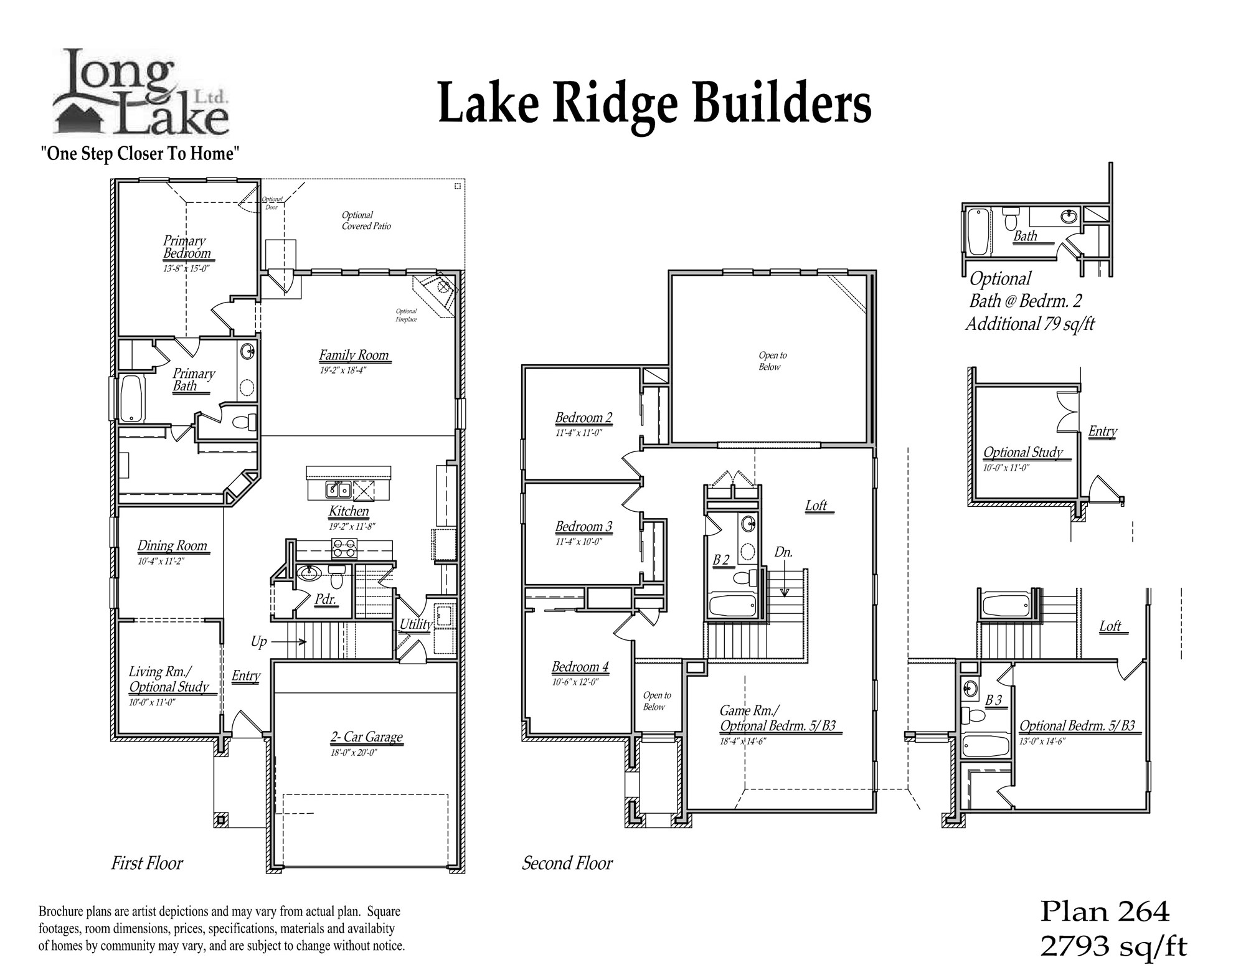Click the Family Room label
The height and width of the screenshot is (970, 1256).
(x=354, y=356)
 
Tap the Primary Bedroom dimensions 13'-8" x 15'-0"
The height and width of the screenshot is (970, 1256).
(x=186, y=269)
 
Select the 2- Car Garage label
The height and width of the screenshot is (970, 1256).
(x=366, y=737)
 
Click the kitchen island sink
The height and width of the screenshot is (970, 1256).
(x=338, y=491)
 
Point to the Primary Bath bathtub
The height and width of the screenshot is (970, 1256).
(x=131, y=398)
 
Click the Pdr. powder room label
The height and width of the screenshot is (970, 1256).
(x=326, y=600)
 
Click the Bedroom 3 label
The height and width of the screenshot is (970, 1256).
(x=583, y=527)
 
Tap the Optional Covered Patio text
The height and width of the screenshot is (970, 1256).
(x=366, y=220)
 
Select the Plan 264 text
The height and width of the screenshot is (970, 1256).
(x=1105, y=912)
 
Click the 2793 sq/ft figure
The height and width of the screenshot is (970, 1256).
(x=1113, y=947)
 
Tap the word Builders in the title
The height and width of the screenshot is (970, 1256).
(x=781, y=104)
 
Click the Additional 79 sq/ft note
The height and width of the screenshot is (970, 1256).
(x=1029, y=324)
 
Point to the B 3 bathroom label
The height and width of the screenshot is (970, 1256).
(x=994, y=700)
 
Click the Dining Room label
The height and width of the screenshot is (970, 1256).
(x=172, y=546)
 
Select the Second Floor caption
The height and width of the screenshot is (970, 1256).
(x=567, y=863)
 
